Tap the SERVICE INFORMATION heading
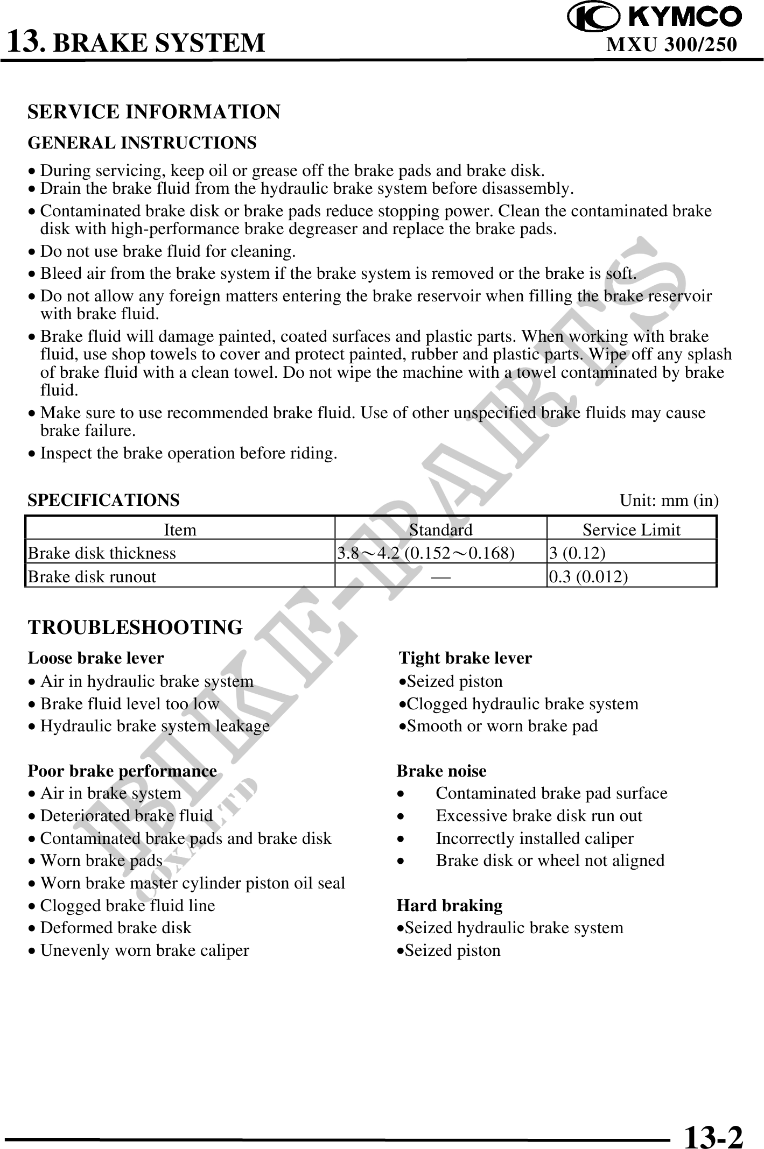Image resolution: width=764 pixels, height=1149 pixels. (x=154, y=112)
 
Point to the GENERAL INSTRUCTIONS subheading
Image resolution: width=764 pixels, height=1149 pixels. (x=142, y=143)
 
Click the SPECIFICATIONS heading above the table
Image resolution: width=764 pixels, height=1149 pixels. (x=103, y=500)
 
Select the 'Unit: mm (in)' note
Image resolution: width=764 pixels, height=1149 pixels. (x=669, y=501)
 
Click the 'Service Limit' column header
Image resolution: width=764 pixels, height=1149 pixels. (x=631, y=530)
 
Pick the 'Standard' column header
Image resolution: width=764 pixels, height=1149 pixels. (x=440, y=530)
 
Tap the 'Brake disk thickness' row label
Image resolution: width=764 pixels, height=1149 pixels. (x=102, y=553)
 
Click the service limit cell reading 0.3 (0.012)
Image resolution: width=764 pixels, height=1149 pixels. (x=588, y=576)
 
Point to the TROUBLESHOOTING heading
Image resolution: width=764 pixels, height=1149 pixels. (x=135, y=628)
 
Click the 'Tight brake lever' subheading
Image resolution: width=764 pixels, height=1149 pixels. (x=465, y=658)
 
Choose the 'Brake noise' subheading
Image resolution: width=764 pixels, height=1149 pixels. (x=441, y=771)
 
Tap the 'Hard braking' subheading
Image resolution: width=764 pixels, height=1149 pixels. (x=450, y=905)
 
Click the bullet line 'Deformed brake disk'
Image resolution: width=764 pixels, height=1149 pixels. (x=116, y=928)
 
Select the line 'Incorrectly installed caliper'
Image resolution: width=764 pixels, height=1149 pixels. (x=534, y=838)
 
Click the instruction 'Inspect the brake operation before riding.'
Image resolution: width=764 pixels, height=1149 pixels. (x=188, y=453)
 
